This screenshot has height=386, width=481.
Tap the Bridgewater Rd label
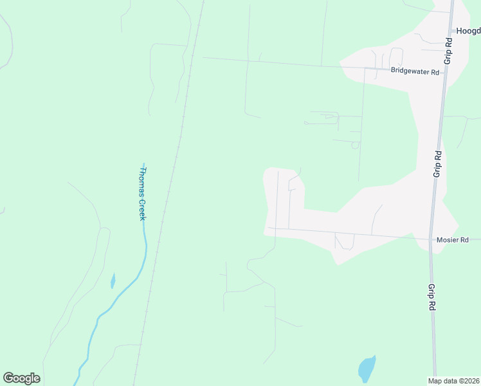pos(415,72)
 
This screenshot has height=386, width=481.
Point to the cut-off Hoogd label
pos(467,30)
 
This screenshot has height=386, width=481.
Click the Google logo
pos(21,378)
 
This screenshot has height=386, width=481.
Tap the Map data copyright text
pos(454,381)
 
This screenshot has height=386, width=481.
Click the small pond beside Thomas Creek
pos(113,281)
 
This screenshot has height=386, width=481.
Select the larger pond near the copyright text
pos(366,369)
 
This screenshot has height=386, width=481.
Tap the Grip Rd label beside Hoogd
pos(448,49)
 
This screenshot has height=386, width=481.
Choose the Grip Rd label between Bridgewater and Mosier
pos(437,164)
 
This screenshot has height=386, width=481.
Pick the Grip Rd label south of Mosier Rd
pos(430,299)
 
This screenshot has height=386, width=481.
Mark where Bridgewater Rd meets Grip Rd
pos(444,73)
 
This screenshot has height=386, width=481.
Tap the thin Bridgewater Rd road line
pos(289,63)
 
